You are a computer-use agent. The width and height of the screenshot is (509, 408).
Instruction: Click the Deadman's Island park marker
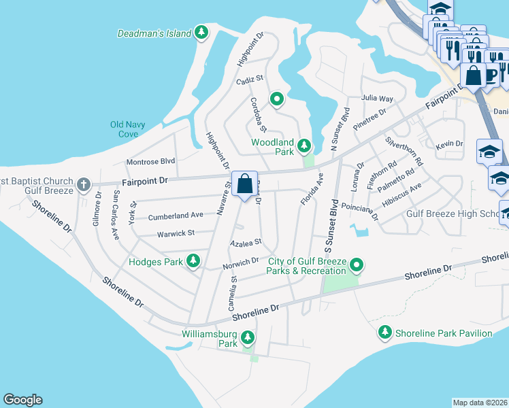201,32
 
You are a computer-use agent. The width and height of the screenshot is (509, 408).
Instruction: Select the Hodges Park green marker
194,260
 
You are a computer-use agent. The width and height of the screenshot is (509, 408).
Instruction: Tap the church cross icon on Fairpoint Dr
83,184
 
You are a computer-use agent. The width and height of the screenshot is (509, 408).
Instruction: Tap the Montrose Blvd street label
151,162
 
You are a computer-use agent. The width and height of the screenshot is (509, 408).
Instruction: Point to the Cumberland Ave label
176,215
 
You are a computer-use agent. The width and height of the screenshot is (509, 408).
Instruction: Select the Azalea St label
246,242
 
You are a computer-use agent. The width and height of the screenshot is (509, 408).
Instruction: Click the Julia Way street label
377,98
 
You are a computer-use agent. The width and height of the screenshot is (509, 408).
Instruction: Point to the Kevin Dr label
449,144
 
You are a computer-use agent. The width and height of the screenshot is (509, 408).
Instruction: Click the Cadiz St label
249,80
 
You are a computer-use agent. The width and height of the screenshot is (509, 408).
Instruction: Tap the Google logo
22,400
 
